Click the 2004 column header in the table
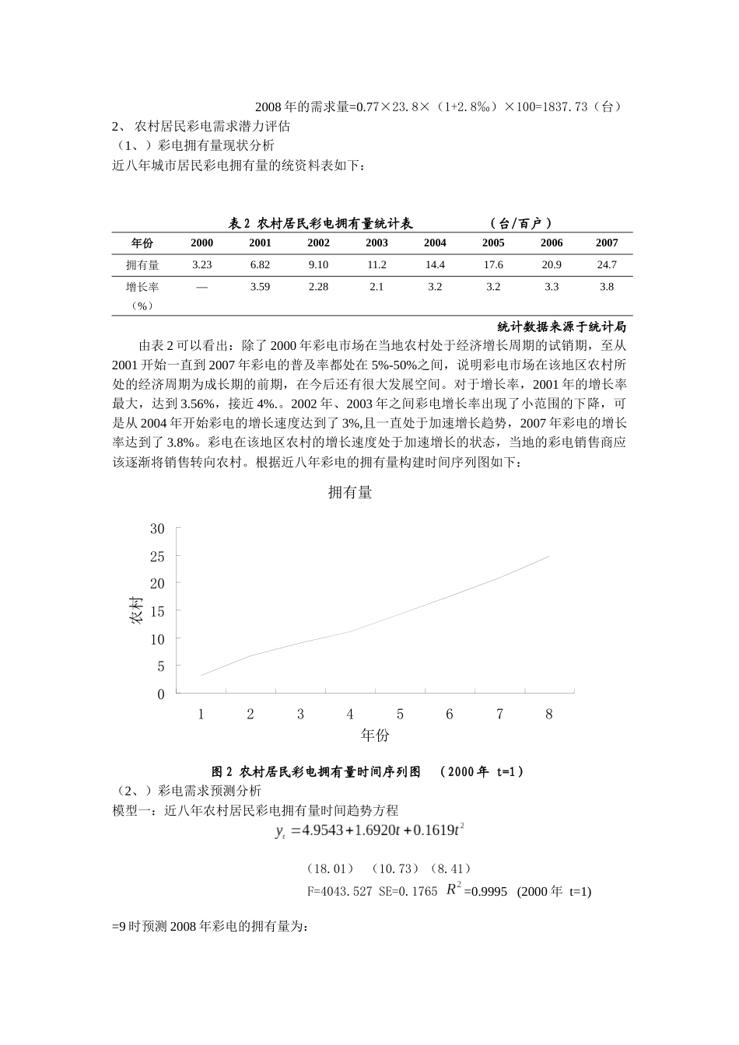coord(435,243)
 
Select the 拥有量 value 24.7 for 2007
coord(607,264)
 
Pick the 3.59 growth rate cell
coord(260,287)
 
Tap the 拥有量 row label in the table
coord(142,265)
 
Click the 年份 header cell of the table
coord(142,243)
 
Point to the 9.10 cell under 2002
coord(318,264)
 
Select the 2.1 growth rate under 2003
coord(377,287)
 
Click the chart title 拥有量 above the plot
coord(350,492)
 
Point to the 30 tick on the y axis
coord(157,529)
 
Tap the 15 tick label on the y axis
coord(157,611)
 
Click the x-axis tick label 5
coord(400,714)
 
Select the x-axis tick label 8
coord(549,714)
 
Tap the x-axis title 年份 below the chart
coord(375,735)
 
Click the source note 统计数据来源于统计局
coord(562,327)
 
